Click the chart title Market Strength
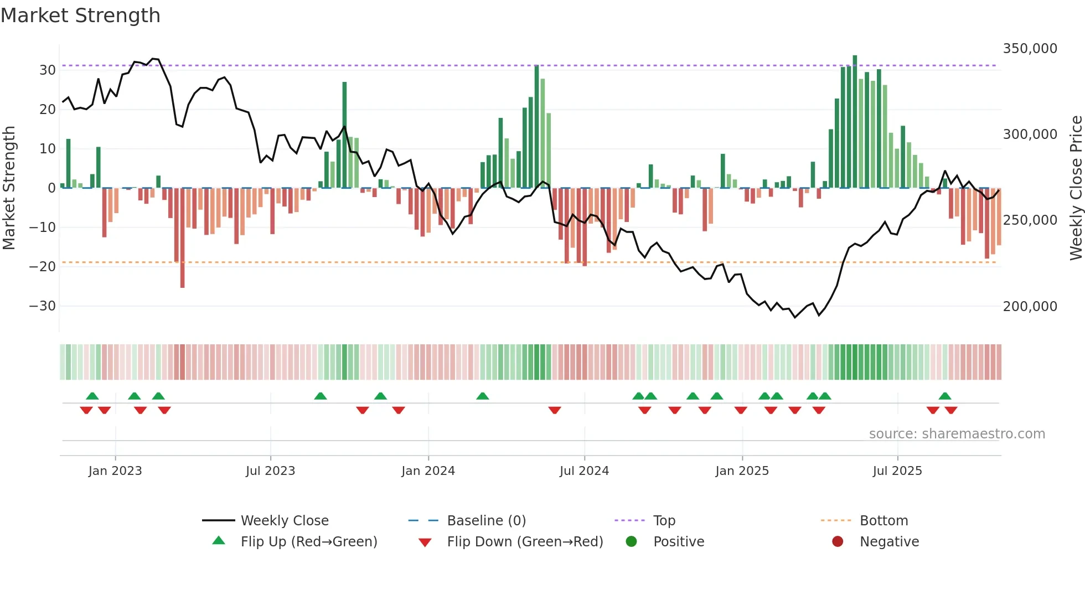[81, 15]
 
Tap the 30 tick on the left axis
[48, 70]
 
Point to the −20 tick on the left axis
[43, 267]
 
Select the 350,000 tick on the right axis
[1030, 49]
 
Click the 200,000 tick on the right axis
[1030, 306]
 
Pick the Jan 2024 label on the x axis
[428, 471]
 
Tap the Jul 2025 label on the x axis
[897, 471]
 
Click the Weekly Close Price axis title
[1076, 188]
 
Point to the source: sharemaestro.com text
[957, 434]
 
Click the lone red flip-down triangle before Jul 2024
[555, 410]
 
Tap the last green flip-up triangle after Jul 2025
[945, 396]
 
